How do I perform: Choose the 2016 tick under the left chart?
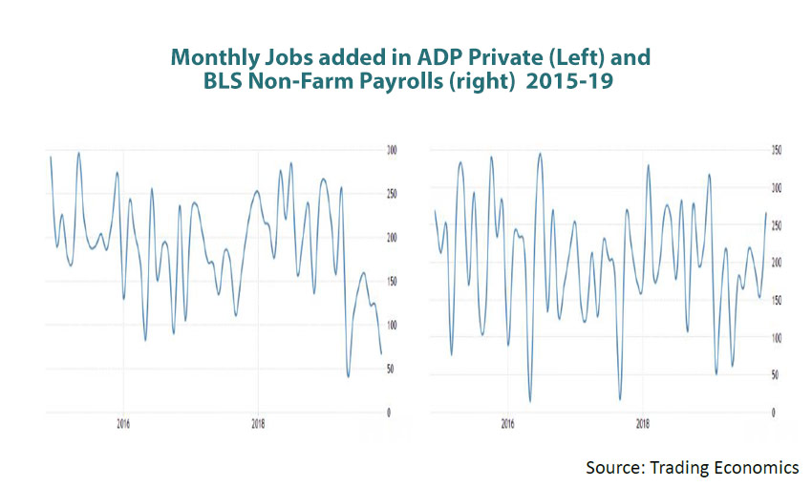point(122,422)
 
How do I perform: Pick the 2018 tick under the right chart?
point(643,422)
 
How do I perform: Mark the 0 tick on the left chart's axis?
point(387,413)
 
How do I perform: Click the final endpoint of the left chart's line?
point(381,354)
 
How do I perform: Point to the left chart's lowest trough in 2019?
point(348,376)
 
